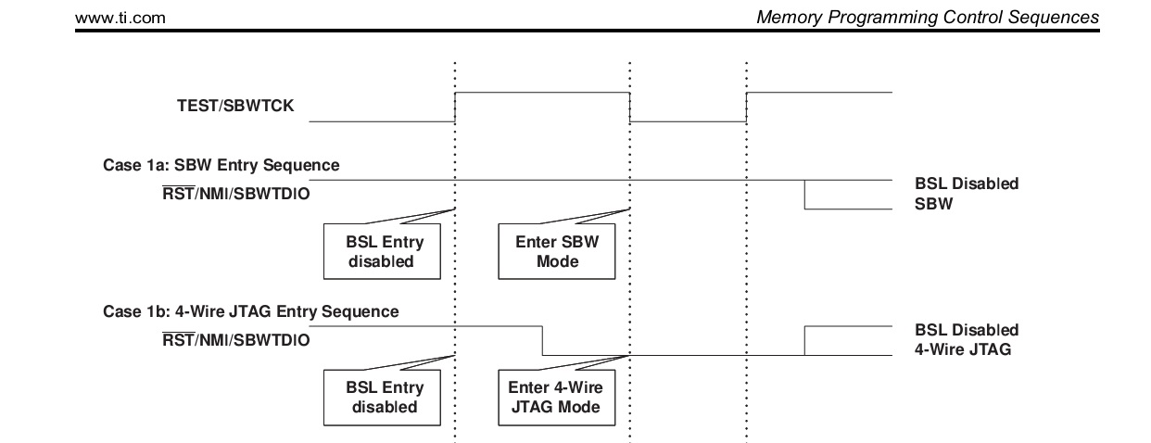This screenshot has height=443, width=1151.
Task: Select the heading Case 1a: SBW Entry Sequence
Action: [x=221, y=166]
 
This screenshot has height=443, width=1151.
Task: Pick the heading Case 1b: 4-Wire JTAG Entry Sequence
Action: [x=250, y=312]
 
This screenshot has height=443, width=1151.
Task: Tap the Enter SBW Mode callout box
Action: [x=557, y=252]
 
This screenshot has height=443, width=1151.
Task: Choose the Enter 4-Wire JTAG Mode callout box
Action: [x=557, y=398]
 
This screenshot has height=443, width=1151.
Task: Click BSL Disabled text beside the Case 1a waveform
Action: [x=966, y=184]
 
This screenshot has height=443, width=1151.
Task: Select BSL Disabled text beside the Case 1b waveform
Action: [x=966, y=330]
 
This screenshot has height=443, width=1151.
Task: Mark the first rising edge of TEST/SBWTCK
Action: [x=455, y=107]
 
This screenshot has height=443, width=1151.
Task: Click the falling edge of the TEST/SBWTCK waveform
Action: [x=630, y=107]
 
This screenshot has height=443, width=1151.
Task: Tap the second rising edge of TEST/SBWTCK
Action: [x=747, y=107]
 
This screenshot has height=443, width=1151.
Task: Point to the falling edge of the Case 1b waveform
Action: [x=542, y=340]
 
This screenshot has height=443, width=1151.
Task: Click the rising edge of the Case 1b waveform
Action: [x=804, y=340]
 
